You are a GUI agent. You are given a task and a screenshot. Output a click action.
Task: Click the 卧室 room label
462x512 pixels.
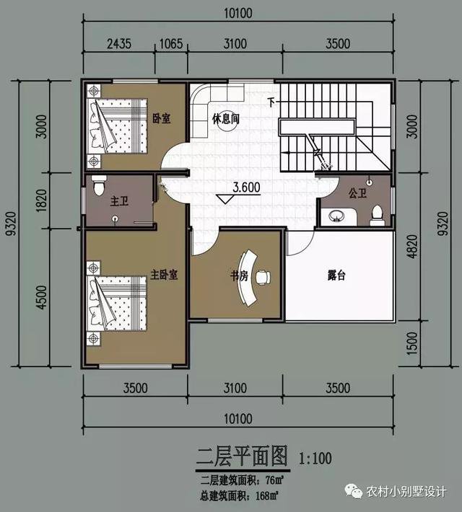pyautogui.click(x=162, y=119)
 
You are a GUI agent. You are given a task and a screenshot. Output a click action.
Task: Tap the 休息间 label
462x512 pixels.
pyautogui.click(x=225, y=119)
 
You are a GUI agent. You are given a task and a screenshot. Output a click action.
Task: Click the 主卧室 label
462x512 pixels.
pyautogui.click(x=164, y=274)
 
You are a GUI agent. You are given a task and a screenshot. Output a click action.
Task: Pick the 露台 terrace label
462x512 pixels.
pyautogui.click(x=336, y=275)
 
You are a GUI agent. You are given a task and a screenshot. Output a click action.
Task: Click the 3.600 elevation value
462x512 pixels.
pyautogui.click(x=246, y=187)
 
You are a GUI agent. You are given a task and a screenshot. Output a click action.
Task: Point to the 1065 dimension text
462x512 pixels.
pyautogui.click(x=170, y=43)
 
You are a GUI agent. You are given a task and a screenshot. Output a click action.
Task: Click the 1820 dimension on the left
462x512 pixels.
pyautogui.click(x=41, y=200)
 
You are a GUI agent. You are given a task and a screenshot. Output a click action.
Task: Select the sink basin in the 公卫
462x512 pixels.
pyautogui.click(x=337, y=215)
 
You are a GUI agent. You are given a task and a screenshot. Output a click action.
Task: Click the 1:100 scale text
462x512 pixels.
pyautogui.click(x=315, y=457)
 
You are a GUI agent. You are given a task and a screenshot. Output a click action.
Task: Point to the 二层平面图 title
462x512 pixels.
pyautogui.click(x=243, y=456)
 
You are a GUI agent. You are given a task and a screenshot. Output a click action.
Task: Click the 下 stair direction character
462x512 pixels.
pyautogui.click(x=271, y=102)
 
